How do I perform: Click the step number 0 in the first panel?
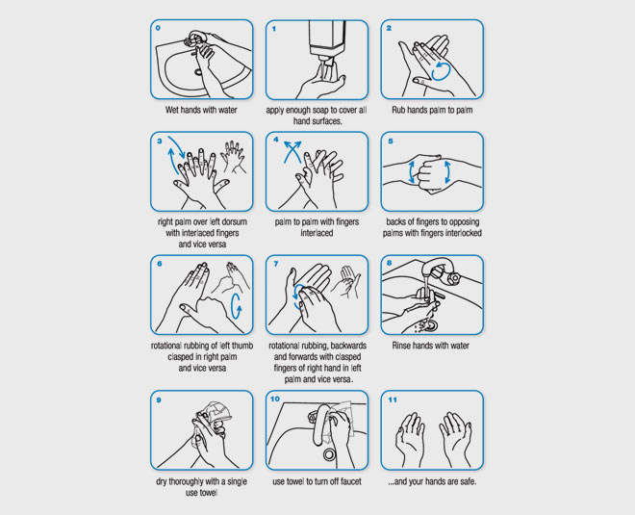tap(158, 28)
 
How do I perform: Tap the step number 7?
tap(276, 264)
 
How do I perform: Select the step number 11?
tap(393, 399)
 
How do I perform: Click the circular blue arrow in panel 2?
tap(441, 71)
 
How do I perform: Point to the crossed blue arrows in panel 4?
tap(292, 151)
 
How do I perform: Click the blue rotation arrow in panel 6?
tap(236, 307)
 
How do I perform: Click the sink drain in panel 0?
tap(198, 72)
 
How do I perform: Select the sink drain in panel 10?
tap(329, 454)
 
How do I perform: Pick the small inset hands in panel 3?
tap(233, 157)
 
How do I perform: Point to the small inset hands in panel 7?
tap(346, 282)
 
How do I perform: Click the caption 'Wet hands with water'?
tap(201, 110)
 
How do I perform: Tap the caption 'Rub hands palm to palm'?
tap(432, 110)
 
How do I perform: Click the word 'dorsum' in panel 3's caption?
tap(233, 221)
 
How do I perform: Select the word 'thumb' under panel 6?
tap(242, 346)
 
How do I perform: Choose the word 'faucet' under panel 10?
tap(349, 481)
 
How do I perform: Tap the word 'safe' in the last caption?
tap(467, 481)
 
